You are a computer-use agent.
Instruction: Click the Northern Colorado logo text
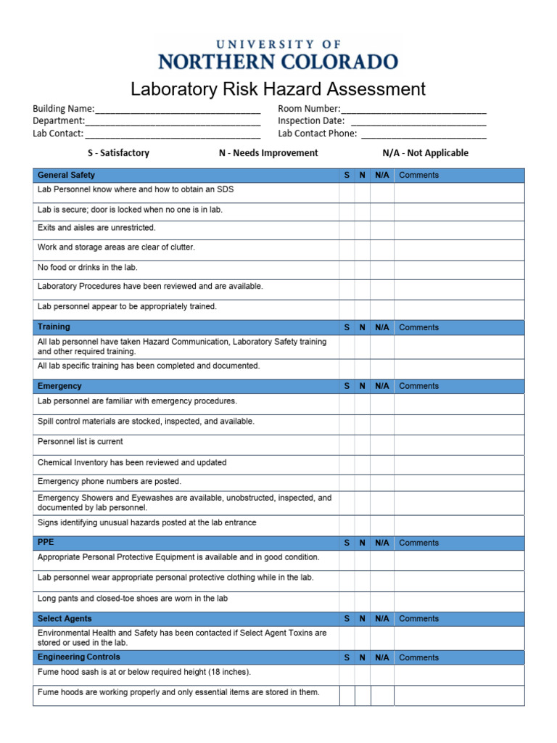[278, 61]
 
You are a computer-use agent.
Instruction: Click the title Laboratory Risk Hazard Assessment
[278, 89]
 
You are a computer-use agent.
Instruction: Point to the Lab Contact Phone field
[424, 134]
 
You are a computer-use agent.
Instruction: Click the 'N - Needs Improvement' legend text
[268, 153]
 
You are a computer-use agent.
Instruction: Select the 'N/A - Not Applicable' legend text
[425, 153]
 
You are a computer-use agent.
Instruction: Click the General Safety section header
[66, 175]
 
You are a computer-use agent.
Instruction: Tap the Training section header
[54, 327]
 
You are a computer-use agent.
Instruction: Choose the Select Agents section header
[65, 619]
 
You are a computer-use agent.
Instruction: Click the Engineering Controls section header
[79, 657]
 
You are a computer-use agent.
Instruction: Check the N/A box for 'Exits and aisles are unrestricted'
[382, 229]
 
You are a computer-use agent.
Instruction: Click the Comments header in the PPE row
[418, 543]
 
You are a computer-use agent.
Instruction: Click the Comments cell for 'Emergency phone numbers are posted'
[458, 482]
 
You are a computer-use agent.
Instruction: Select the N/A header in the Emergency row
[382, 386]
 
